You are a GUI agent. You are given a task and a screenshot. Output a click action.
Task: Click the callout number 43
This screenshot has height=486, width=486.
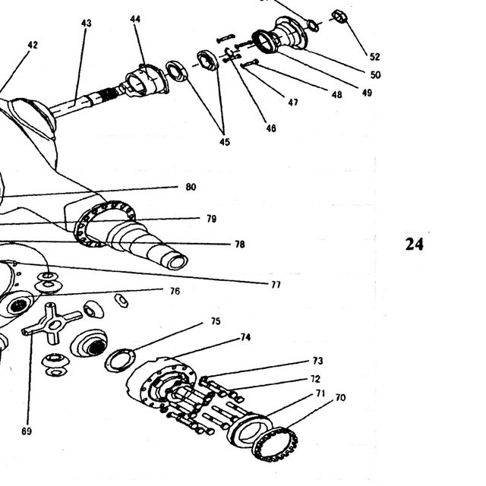pos(87,24)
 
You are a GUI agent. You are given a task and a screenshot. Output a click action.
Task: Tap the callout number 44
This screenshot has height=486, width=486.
pos(135,19)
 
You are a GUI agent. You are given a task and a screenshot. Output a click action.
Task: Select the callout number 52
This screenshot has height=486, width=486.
pos(374,57)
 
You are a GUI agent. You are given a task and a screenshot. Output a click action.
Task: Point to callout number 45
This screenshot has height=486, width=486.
pos(225,142)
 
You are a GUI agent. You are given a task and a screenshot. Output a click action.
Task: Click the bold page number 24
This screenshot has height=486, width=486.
pos(414,245)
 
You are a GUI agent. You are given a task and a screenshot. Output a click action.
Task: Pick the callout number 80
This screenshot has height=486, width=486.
pos(191,187)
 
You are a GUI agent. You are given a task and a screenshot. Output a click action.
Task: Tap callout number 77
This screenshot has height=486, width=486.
pos(276,285)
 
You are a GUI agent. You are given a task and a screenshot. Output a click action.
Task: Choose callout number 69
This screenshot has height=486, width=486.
pos(27,431)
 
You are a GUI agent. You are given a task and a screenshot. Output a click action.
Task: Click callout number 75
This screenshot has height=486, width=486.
pos(216,321)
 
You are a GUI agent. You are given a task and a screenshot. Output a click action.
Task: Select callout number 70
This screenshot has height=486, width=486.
pos(340,397)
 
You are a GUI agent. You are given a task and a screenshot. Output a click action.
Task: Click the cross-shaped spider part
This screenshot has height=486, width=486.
pos(52,324)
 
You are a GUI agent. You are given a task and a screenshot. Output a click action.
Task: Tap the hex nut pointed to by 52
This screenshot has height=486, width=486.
pos(339,17)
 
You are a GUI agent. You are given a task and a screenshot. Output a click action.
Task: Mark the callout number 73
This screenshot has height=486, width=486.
pos(317,361)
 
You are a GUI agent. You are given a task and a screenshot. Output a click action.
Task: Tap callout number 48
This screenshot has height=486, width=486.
pos(336,94)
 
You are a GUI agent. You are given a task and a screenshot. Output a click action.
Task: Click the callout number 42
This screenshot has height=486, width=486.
pos(33,46)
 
